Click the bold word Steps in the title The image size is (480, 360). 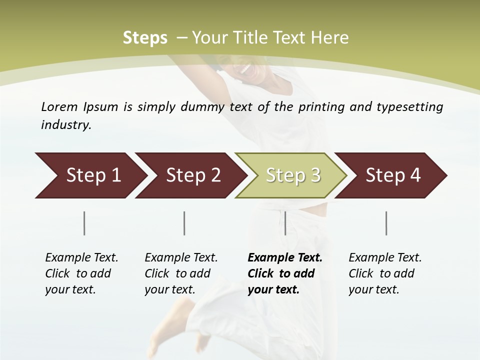(145, 37)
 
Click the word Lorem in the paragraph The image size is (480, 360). (59, 106)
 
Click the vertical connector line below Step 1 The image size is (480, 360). (84, 223)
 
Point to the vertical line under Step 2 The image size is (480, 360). (184, 223)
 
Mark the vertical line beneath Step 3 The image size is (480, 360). (285, 223)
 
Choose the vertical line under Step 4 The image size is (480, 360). (386, 223)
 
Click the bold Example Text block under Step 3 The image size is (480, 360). (284, 273)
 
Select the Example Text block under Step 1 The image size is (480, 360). (81, 273)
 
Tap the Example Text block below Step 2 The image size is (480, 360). (181, 273)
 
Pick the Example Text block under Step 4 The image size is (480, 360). (385, 273)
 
